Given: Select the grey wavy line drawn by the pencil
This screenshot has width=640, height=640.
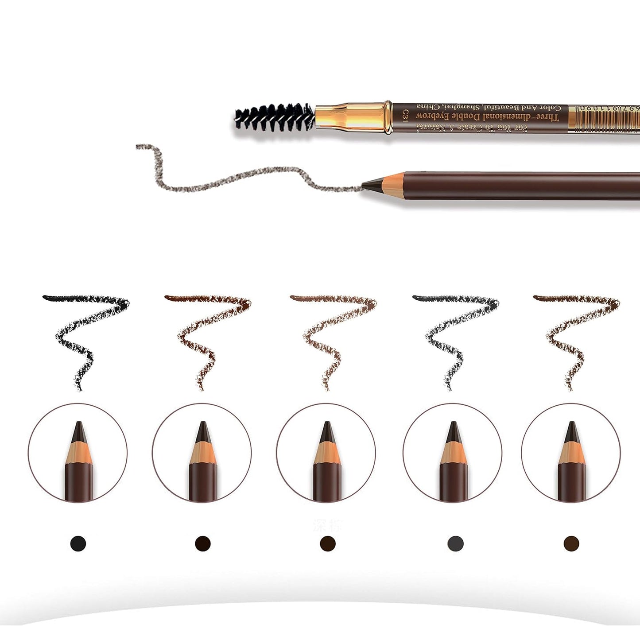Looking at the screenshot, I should tap(248, 177).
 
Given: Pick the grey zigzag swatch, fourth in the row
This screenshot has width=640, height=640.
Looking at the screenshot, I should tap(456, 337).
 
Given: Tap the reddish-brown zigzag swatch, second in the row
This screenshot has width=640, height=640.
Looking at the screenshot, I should tap(208, 337).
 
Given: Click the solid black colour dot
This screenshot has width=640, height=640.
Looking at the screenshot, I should tap(78, 543).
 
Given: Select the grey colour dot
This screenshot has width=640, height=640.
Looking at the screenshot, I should tap(455, 543).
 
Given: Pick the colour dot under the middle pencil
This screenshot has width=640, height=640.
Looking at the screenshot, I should tap(328, 543).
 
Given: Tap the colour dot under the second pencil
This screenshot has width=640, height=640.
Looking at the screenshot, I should tap(203, 543).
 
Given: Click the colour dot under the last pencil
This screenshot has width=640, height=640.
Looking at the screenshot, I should tap(571, 543).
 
